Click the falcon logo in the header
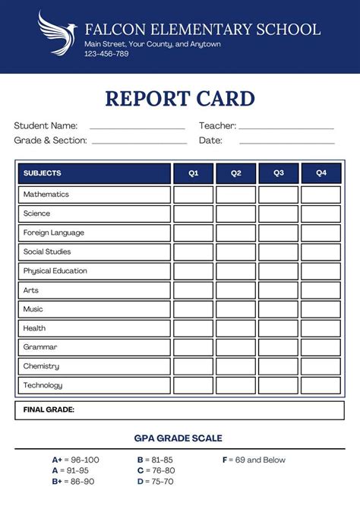[57, 33]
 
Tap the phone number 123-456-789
[106, 54]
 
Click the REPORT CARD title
[180, 98]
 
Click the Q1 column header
[193, 173]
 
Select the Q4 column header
[321, 173]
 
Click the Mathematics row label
[46, 194]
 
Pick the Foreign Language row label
[53, 232]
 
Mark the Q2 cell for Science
[235, 213]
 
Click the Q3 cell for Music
[278, 309]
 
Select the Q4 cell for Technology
[321, 385]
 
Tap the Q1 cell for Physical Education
[193, 271]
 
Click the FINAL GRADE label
[49, 409]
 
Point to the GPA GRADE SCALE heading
[178, 438]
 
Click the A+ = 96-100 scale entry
[75, 460]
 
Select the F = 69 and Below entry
[254, 460]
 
